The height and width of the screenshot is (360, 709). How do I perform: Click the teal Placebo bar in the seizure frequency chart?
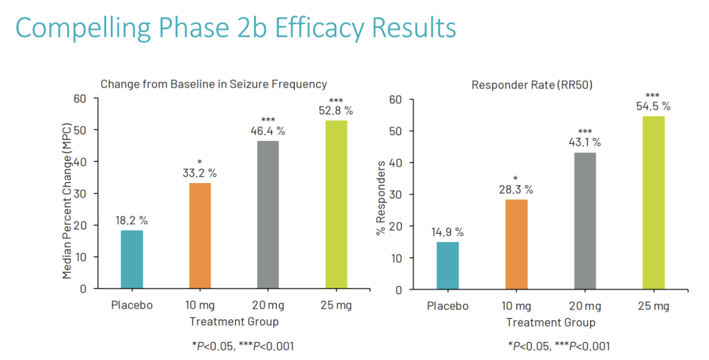132,259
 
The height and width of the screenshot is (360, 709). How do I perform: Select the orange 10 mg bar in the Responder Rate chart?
516,244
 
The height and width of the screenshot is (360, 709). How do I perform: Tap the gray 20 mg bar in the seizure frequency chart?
268,215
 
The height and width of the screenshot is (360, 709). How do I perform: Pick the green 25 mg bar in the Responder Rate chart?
654,202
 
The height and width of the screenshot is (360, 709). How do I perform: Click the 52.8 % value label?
336,110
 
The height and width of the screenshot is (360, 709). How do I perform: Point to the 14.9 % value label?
447,232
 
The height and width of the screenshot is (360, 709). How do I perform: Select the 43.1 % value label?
585,142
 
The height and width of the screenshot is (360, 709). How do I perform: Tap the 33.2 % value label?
200,173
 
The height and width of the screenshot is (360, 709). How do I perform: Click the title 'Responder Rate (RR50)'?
532,85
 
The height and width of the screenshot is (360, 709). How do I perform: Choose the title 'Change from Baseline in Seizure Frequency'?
213,84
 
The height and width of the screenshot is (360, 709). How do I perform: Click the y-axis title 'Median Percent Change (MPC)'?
67,201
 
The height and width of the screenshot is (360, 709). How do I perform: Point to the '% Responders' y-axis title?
381,198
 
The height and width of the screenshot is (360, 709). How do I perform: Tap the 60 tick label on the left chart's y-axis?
80,99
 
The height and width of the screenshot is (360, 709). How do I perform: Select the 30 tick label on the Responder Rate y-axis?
396,194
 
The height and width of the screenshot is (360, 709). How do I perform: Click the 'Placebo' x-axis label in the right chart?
447,306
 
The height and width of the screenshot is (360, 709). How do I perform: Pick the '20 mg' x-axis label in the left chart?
268,305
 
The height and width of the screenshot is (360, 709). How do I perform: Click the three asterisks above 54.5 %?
652,95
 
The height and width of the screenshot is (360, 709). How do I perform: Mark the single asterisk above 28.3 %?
516,179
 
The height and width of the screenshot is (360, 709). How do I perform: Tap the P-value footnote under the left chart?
243,346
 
